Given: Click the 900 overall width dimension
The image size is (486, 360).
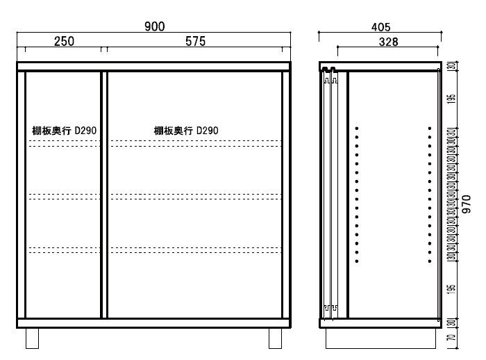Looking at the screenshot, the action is pos(154,26).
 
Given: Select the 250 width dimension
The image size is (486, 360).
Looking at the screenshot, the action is pos(64,42).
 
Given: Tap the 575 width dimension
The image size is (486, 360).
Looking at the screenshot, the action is pos(195,42).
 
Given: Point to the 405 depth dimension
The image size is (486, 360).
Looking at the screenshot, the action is pos(380,27).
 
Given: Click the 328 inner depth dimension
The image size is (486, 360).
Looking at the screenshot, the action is pos(388,42).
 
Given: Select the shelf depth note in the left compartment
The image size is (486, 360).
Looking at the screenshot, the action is pos(64,131).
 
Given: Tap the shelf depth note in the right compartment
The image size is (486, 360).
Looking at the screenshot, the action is pos(186,131).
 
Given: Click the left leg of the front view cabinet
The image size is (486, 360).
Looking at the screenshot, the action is pos(33,338).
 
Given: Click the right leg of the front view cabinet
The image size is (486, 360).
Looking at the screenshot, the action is pos(275,338).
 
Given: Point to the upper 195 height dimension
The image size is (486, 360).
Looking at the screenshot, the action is pos(451,99).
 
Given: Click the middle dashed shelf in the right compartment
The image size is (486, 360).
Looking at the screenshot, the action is pos(196,197).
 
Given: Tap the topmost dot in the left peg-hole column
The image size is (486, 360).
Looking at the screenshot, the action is pos(357,128).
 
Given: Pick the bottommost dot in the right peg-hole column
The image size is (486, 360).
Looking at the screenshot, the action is pos(430,261).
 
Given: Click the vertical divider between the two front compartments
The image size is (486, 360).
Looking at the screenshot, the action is pos(104,195).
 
